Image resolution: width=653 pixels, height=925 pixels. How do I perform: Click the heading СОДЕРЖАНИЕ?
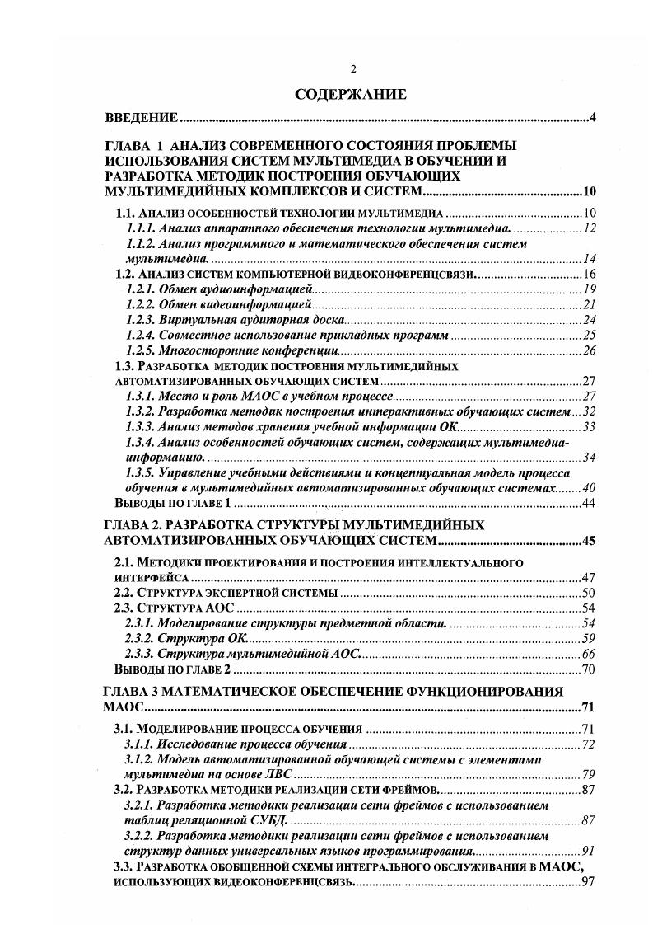click(350, 95)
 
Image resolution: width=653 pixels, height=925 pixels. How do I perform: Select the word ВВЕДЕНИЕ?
click(144, 117)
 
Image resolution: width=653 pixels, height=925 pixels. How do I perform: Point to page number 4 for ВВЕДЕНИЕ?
click(592, 117)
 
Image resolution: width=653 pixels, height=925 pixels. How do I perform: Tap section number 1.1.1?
click(141, 228)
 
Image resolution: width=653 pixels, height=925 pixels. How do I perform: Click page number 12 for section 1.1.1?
click(589, 228)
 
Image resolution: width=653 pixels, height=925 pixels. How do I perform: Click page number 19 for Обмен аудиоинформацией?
click(589, 289)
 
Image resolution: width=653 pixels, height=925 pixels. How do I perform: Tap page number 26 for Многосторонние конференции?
click(589, 350)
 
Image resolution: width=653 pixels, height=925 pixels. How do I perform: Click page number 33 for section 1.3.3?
click(589, 427)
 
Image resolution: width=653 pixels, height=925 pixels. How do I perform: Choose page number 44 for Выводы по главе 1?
click(589, 503)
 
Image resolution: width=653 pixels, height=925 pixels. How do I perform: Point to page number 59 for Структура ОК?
click(589, 638)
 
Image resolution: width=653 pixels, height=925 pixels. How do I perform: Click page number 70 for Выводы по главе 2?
click(589, 669)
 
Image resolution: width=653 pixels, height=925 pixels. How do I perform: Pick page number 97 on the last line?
click(589, 882)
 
